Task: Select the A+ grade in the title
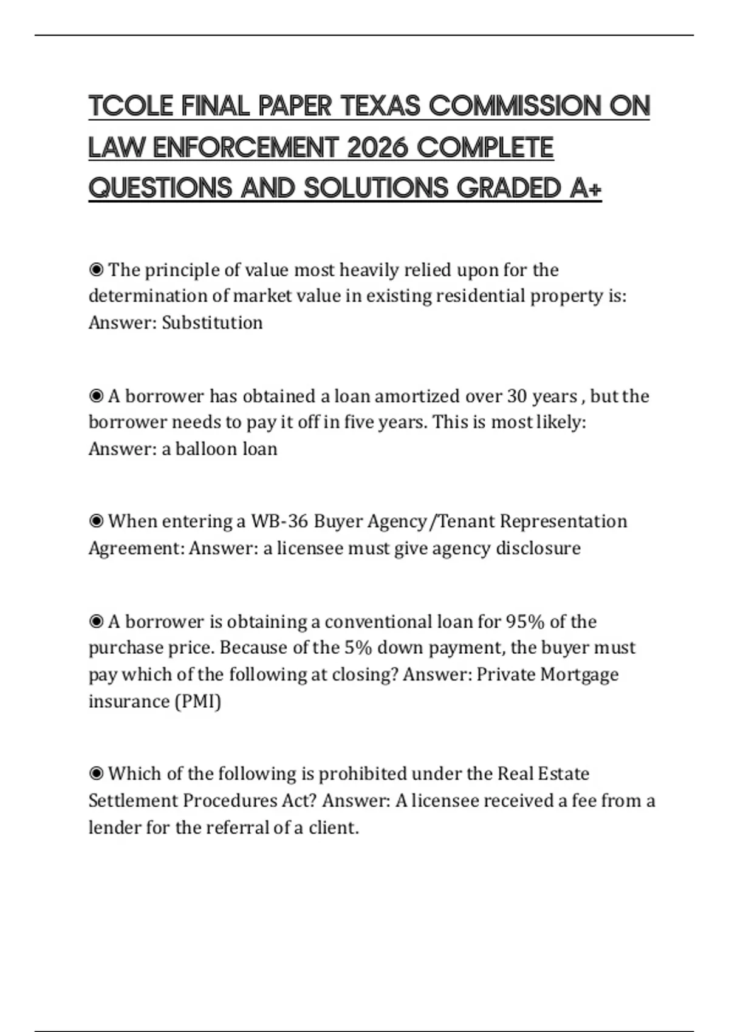(586, 188)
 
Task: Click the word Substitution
(212, 322)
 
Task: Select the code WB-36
(279, 521)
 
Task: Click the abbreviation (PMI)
(197, 701)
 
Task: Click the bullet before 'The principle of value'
(96, 270)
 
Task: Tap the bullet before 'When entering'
(96, 521)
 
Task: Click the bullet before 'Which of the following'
(96, 774)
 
